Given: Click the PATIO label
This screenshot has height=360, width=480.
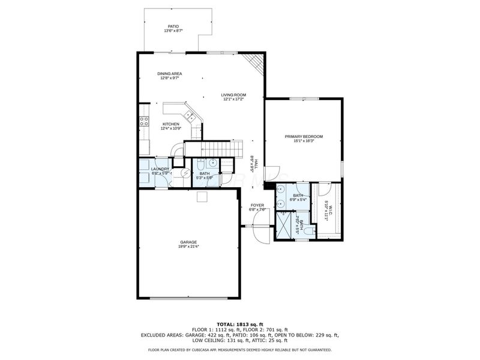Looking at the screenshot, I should click(x=173, y=26).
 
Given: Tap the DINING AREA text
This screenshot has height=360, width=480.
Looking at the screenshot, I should click(x=170, y=74).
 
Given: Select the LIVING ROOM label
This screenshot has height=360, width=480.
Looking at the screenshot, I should click(x=233, y=95).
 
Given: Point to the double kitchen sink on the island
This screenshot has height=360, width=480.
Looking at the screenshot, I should click(x=190, y=114).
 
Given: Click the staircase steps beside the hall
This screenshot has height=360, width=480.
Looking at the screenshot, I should click(x=213, y=148).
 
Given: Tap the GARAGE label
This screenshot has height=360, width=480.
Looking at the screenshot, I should click(x=188, y=242).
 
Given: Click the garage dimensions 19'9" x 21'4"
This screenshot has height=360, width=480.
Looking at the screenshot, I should click(x=188, y=246).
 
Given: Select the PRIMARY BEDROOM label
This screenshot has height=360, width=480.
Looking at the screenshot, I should click(x=304, y=137).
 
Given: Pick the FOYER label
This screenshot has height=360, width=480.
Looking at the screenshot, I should click(x=257, y=205).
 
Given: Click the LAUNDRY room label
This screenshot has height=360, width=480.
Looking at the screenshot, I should click(x=160, y=169).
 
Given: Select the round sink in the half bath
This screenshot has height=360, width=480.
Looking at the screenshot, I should click(x=212, y=162).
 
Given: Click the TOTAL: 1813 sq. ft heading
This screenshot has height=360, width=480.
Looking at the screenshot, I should click(x=239, y=324).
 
